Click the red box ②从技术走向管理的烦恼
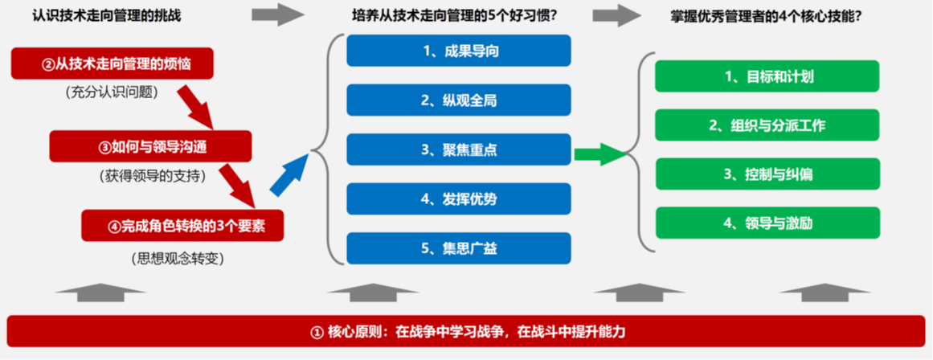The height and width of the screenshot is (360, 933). [x=112, y=63]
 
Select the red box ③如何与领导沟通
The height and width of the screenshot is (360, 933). [x=150, y=146]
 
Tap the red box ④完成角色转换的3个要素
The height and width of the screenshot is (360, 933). [x=182, y=226]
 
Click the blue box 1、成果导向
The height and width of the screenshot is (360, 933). [x=459, y=51]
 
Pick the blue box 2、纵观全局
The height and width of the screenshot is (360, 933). [x=459, y=100]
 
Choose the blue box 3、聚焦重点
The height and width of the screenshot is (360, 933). [x=459, y=149]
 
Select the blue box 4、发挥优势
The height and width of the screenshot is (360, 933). [x=459, y=198]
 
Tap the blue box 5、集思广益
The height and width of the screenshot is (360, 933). [x=459, y=248]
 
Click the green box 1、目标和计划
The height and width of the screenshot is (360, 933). [x=767, y=76]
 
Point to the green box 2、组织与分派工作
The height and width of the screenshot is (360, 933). [x=767, y=125]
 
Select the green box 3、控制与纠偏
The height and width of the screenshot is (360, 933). [x=767, y=174]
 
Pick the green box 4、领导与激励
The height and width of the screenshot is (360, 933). [x=767, y=223]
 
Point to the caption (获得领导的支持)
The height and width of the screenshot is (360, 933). [x=150, y=175]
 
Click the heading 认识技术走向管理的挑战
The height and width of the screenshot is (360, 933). [x=107, y=16]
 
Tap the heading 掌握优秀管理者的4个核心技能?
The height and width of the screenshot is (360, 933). [x=767, y=16]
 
